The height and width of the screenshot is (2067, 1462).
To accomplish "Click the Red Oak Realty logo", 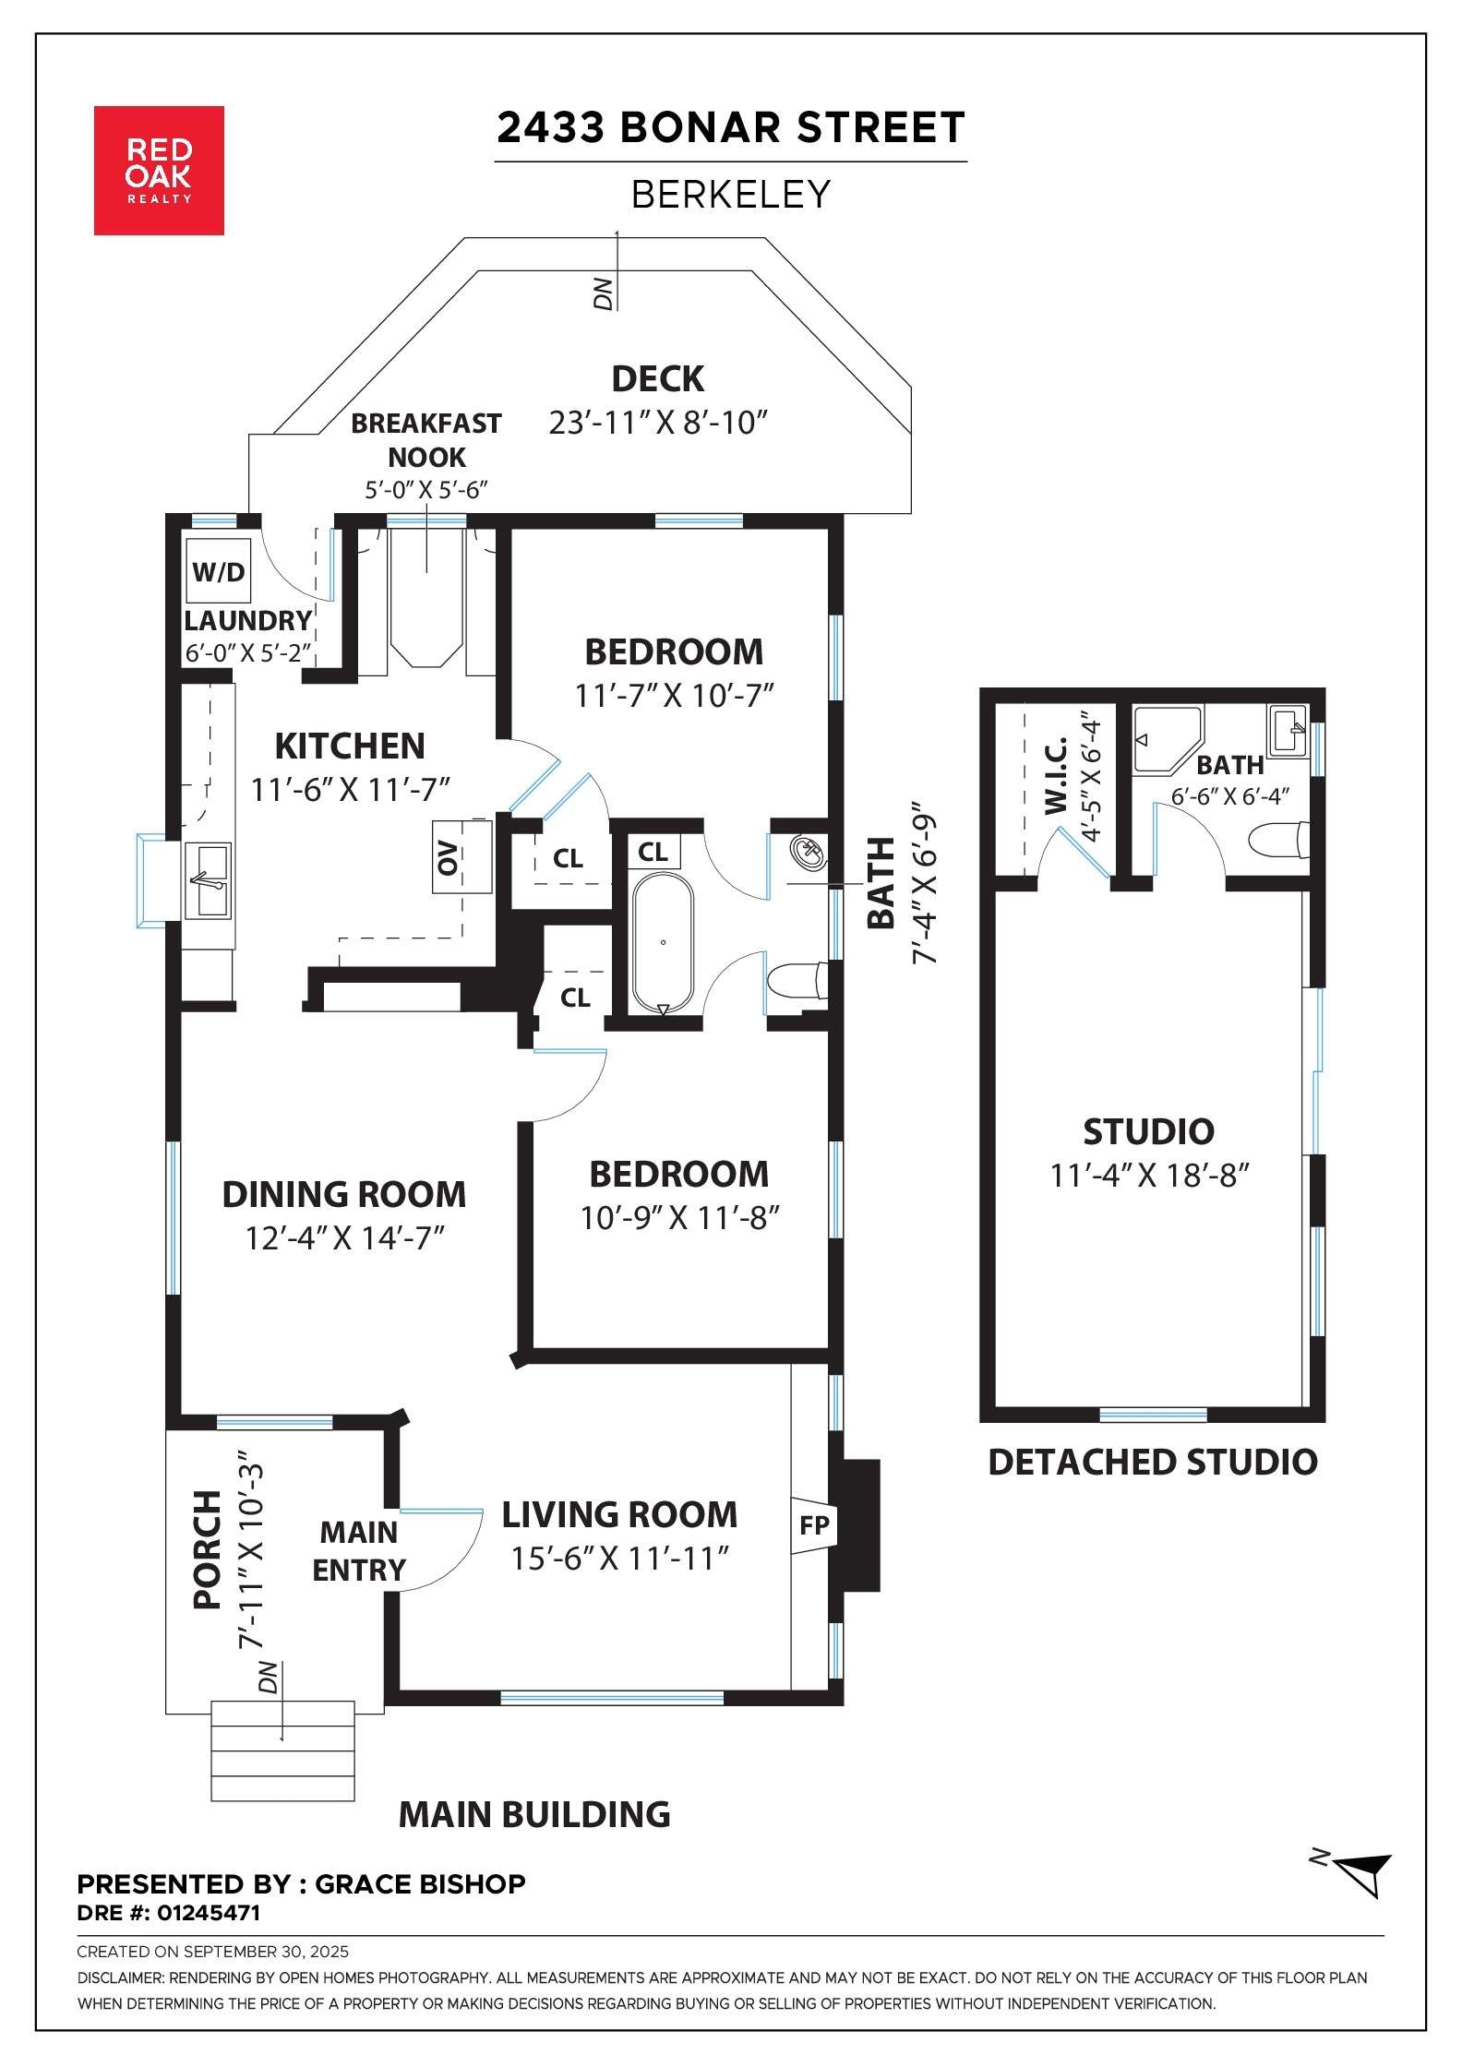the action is tap(159, 171).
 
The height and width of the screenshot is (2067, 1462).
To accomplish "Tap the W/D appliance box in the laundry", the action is tap(219, 572).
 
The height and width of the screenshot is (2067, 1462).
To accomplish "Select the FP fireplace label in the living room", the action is tap(814, 1525).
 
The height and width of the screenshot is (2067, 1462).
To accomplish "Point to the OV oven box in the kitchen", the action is tap(461, 856).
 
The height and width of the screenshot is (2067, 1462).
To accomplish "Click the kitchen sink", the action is tap(209, 881).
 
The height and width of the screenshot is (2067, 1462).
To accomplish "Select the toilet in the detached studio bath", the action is tap(1278, 840).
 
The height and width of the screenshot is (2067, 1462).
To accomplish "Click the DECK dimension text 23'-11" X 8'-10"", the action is tap(659, 423).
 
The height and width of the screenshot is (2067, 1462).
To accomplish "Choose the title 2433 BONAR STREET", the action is tap(731, 127).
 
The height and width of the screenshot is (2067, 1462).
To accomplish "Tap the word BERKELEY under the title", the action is tap(731, 194).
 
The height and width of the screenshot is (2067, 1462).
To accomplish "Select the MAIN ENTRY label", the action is tap(359, 1551).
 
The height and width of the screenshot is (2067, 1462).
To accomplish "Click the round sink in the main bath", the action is tap(809, 852).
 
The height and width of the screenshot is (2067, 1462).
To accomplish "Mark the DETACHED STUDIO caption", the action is tap(1153, 1463).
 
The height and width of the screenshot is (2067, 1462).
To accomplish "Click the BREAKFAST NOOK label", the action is tap(426, 440).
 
